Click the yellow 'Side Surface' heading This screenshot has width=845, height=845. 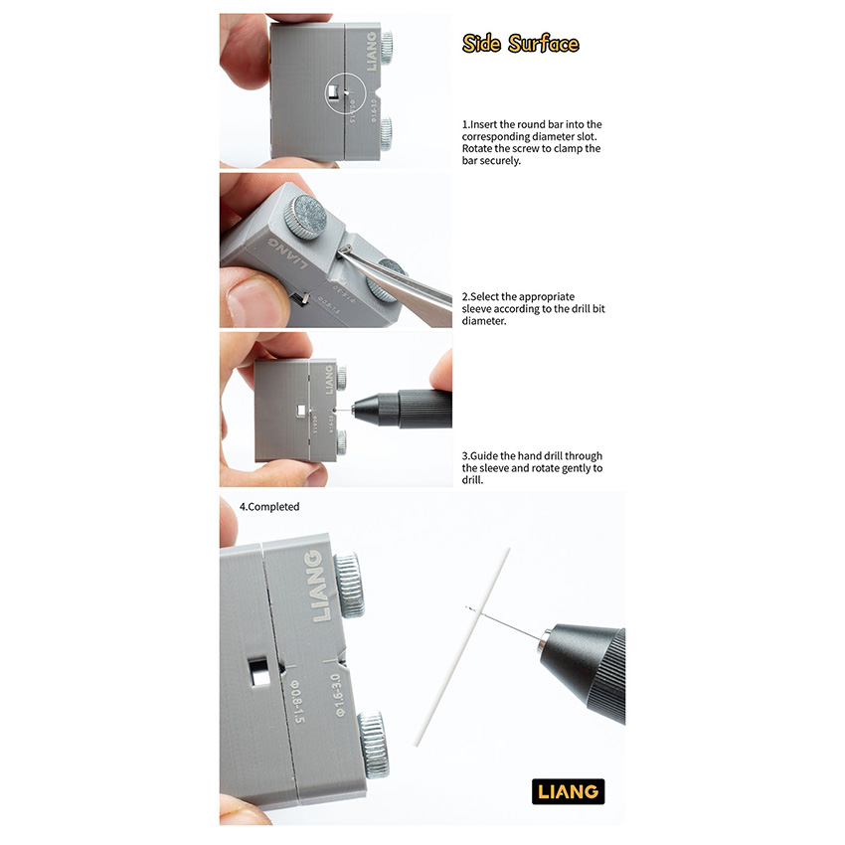(x=520, y=44)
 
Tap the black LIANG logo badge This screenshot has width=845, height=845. (x=568, y=791)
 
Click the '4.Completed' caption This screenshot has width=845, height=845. (x=269, y=507)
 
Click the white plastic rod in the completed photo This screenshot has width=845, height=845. (x=462, y=647)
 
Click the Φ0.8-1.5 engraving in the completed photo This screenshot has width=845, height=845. (x=297, y=701)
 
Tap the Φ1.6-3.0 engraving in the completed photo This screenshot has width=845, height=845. (x=337, y=695)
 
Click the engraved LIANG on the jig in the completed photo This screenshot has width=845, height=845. (x=320, y=586)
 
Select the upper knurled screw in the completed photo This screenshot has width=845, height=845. (x=349, y=585)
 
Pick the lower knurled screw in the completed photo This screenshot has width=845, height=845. (x=374, y=745)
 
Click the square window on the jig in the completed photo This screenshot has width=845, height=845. (x=258, y=671)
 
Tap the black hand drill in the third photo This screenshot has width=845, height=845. (x=402, y=410)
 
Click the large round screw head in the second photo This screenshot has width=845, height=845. (x=305, y=217)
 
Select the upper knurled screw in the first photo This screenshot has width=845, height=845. (x=386, y=47)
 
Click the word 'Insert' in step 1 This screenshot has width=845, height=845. (x=484, y=124)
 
